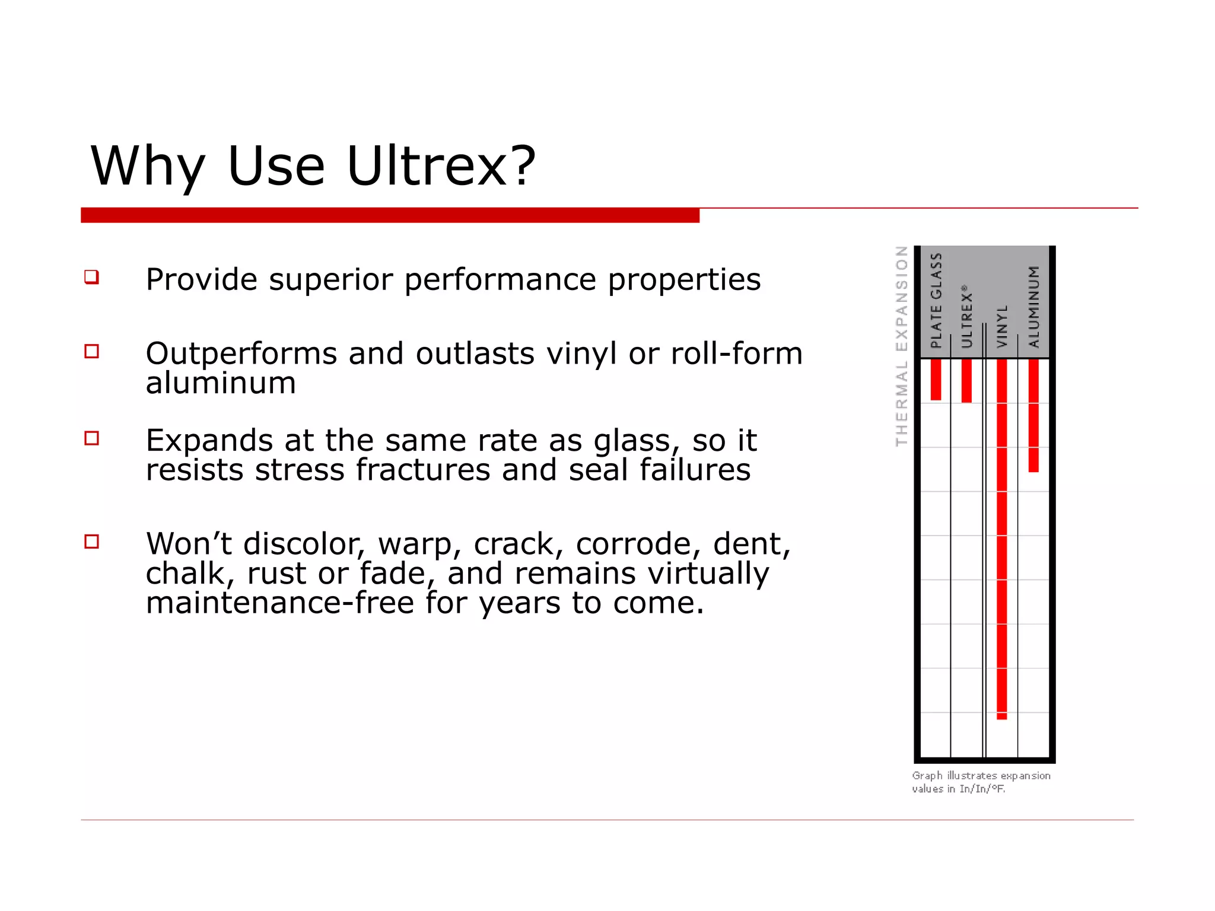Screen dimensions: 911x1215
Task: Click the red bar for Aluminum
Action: tap(1033, 415)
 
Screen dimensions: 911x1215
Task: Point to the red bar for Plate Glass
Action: tap(936, 380)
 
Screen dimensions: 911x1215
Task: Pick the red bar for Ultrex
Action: tap(966, 381)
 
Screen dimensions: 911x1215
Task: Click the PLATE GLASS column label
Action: tap(936, 300)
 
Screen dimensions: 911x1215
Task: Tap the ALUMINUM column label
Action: tap(1034, 306)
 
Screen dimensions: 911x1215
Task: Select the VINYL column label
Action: tap(1002, 326)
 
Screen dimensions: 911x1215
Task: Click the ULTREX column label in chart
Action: tap(966, 317)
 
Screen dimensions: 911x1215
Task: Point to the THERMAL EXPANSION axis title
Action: tap(901, 346)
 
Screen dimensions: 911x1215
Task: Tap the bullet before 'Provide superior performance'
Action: tap(91, 277)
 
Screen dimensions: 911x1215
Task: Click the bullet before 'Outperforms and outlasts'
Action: tap(91, 351)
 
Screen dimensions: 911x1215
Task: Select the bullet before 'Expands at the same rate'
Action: tap(91, 438)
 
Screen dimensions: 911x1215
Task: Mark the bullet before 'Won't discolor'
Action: tap(91, 541)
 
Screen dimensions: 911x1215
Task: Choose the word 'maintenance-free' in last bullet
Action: tap(279, 603)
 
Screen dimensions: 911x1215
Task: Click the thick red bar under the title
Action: tap(390, 215)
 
